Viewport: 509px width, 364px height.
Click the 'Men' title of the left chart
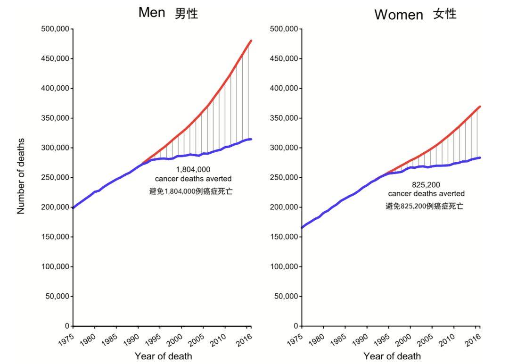[151, 13]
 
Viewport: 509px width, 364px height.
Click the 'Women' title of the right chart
[398, 15]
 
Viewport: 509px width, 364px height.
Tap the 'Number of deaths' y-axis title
[21, 176]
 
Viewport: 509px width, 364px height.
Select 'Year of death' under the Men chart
[163, 356]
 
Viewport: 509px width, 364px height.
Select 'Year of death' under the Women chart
[392, 356]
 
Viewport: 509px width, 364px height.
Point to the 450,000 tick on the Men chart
[57, 58]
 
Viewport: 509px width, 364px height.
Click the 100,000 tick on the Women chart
[285, 266]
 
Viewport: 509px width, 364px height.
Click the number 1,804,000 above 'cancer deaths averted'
[193, 169]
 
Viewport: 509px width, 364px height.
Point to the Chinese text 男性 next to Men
[186, 14]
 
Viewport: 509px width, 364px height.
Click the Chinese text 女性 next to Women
[445, 14]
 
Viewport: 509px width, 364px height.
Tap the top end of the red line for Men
[251, 41]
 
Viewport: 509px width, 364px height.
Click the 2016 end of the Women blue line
[480, 157]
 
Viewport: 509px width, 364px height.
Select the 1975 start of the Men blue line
[74, 207]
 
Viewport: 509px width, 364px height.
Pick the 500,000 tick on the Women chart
[285, 29]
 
